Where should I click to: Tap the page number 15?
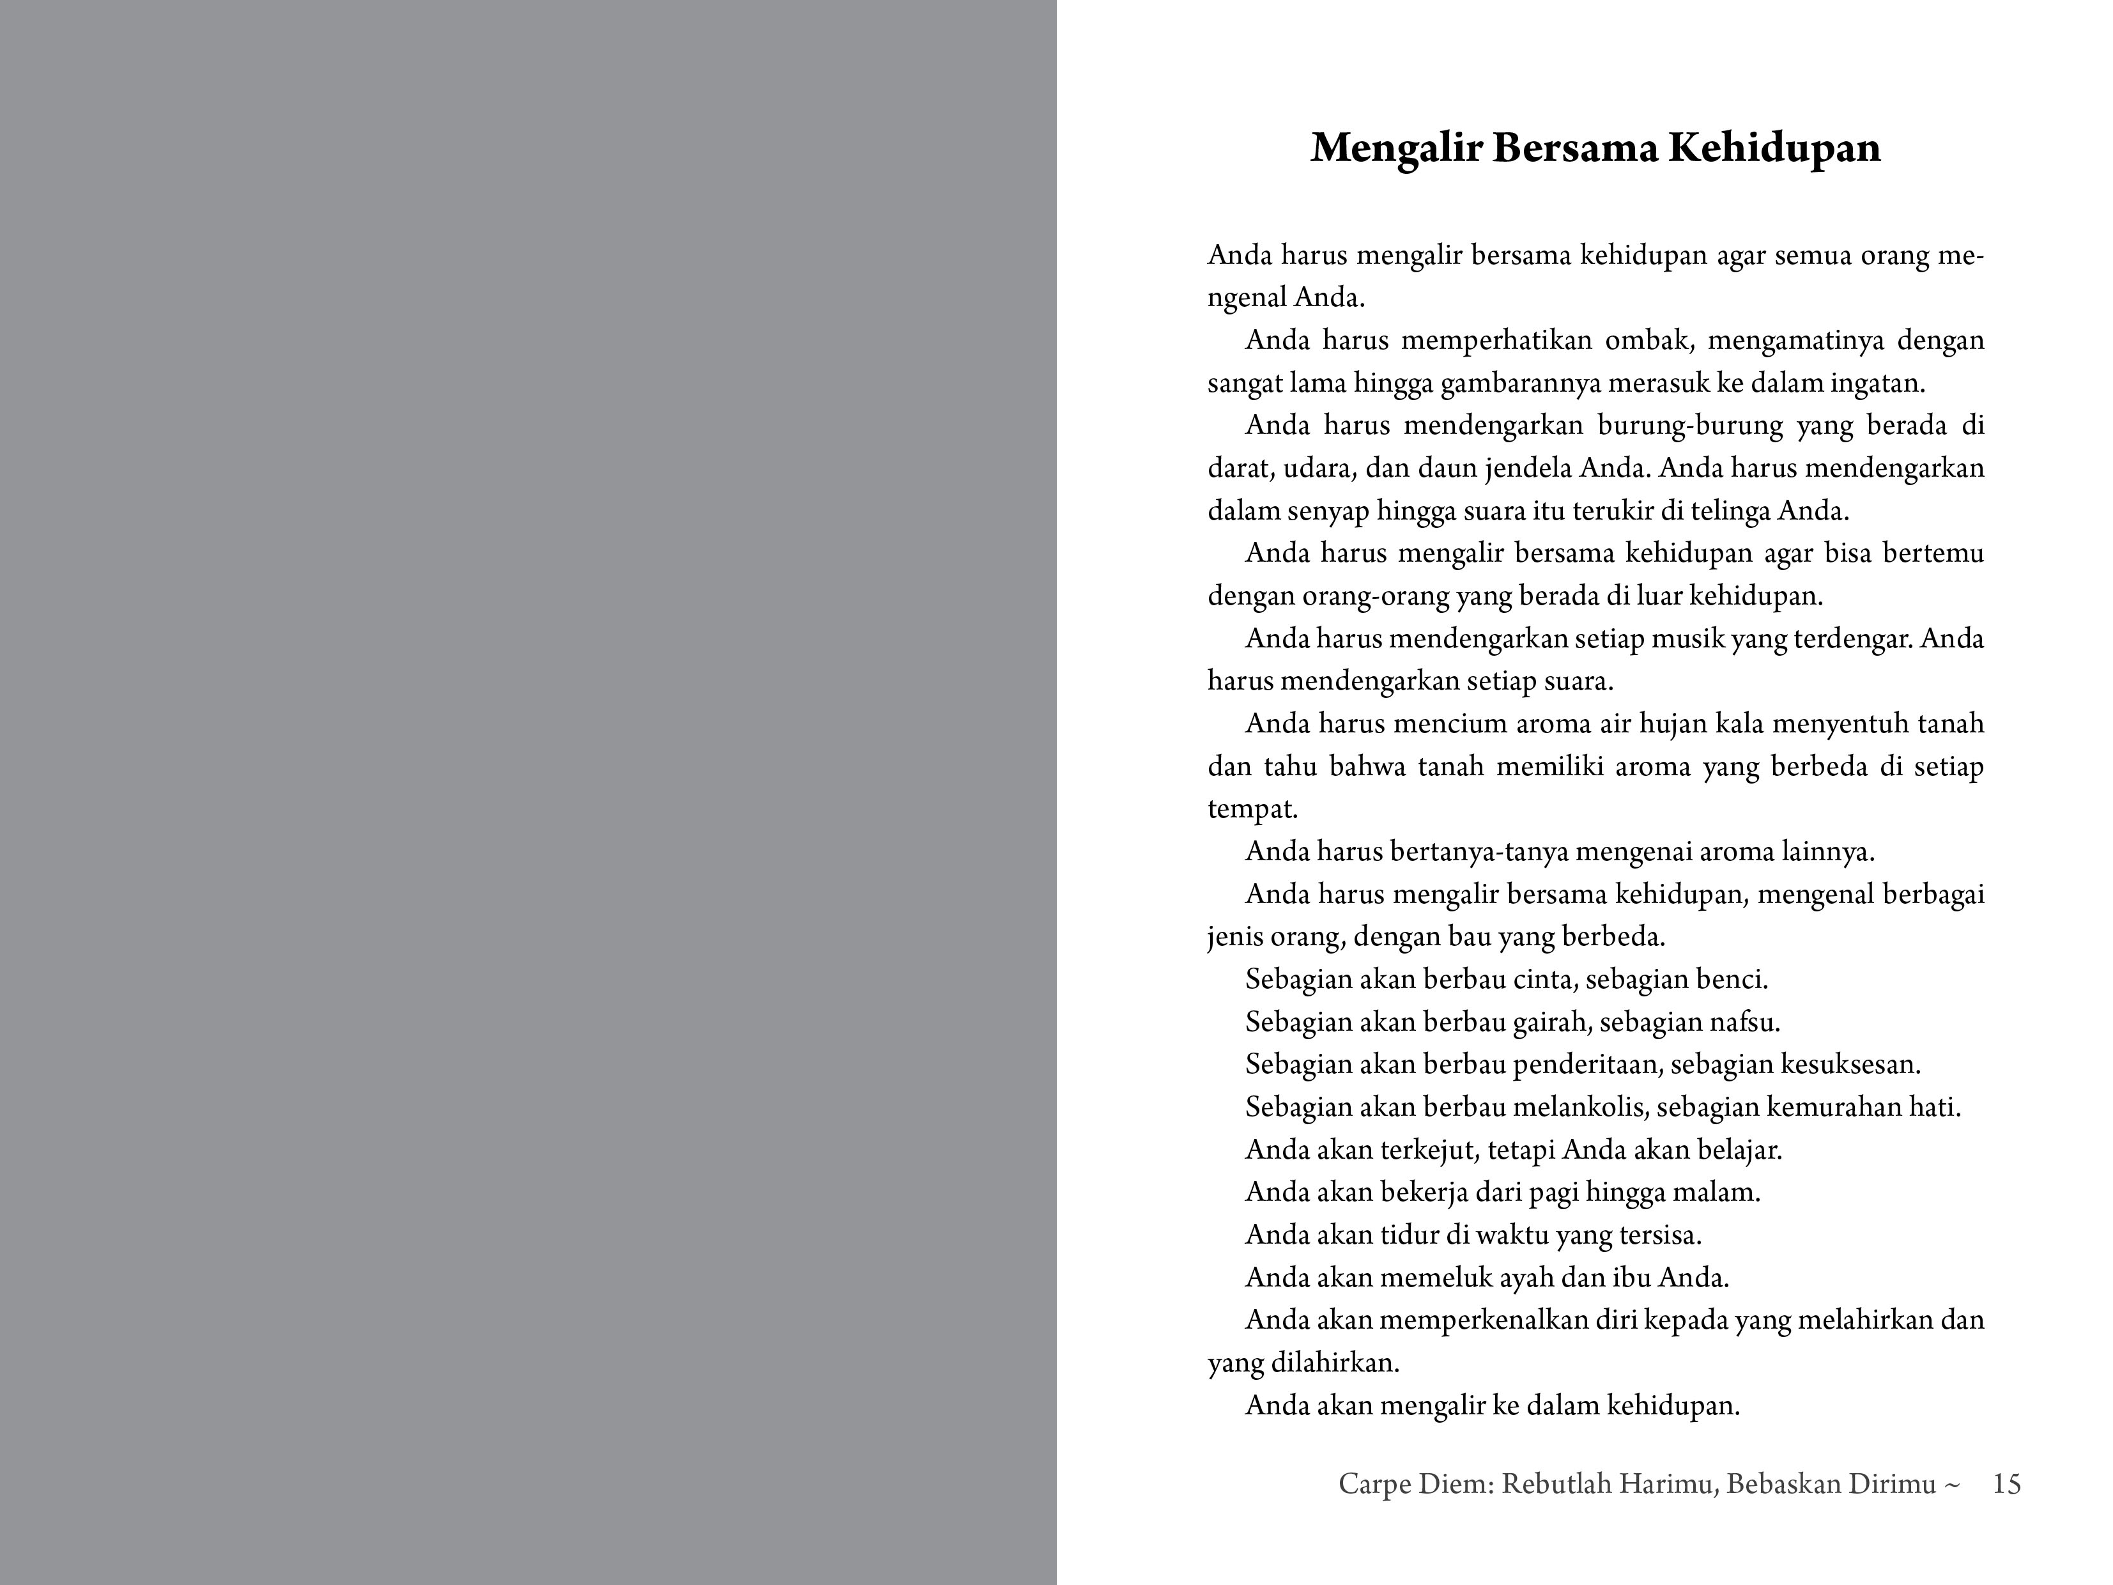coord(2007,1484)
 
